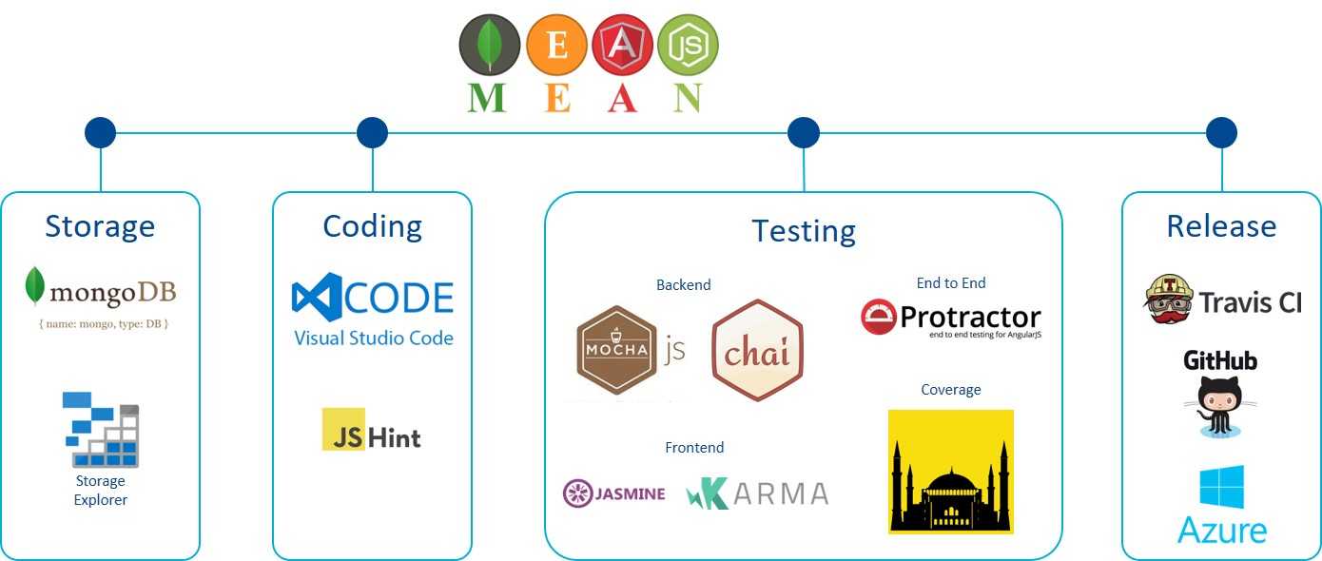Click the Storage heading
click(100, 226)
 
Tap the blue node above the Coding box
click(372, 133)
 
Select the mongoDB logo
click(100, 290)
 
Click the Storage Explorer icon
click(101, 429)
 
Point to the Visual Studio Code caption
click(373, 339)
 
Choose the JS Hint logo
click(371, 430)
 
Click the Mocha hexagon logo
click(617, 349)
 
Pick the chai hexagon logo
click(757, 350)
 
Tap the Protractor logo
click(950, 319)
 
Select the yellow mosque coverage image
click(950, 472)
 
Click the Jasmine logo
click(614, 493)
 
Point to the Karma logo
click(757, 493)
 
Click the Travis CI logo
click(1221, 300)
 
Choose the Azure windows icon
click(1221, 487)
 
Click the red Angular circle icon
click(622, 45)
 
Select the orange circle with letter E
click(556, 45)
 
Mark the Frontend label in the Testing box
click(694, 448)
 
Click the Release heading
click(1221, 226)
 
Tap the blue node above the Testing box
click(804, 133)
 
